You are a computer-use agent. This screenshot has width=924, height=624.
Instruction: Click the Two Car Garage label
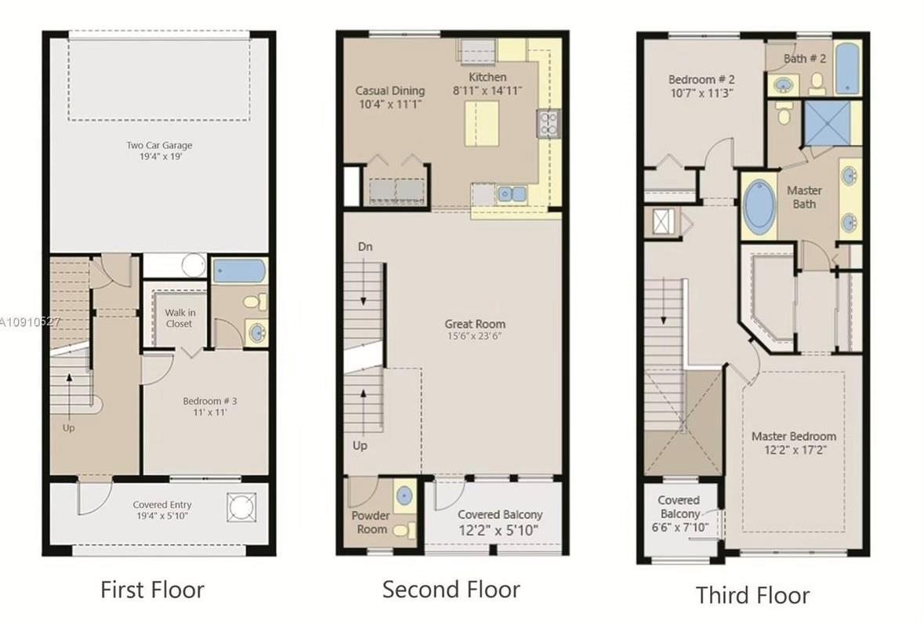coord(159,145)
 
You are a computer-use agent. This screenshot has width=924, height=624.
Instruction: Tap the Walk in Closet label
coord(179,317)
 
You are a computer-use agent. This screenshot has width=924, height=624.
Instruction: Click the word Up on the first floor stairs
coord(70,428)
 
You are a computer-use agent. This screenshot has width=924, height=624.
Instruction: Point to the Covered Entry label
coord(161,505)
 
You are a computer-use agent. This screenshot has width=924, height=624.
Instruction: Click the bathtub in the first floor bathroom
coord(240,271)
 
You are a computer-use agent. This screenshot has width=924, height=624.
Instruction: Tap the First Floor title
coord(152,590)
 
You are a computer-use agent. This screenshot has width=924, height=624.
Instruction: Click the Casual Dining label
coord(390,91)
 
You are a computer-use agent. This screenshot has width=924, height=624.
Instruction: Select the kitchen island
coord(482,124)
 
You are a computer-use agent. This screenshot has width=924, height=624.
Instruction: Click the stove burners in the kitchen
coord(546,123)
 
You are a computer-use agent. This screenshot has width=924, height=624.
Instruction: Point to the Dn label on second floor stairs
coord(364,247)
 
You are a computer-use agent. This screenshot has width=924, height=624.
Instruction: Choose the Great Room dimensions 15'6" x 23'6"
coord(475,336)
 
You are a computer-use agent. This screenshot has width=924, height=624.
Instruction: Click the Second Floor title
coord(451,590)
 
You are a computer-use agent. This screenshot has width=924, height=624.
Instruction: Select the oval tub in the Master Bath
coord(759,207)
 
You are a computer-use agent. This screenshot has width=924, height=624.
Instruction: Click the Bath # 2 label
coord(806,59)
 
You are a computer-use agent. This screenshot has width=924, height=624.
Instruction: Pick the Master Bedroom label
coord(793,437)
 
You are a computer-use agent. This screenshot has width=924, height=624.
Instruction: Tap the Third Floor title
coord(752,595)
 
